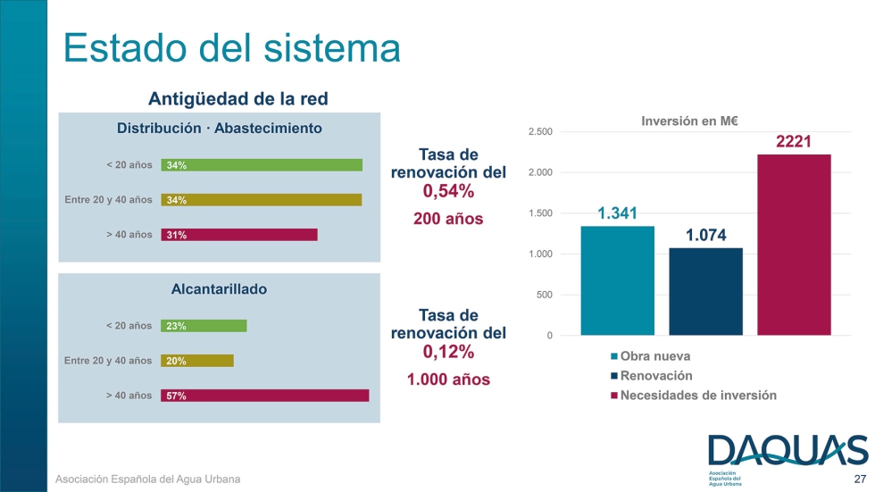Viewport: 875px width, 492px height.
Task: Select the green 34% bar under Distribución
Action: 262,165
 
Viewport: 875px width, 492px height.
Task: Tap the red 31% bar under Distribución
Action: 239,235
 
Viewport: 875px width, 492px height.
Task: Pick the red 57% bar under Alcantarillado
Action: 264,396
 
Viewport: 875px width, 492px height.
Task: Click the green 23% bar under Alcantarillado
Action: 204,326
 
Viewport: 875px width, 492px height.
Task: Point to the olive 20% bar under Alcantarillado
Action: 197,361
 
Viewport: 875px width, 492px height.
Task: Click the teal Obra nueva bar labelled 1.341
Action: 618,280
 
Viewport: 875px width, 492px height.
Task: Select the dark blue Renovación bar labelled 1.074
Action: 705,291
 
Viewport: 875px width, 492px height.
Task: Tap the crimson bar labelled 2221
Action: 794,245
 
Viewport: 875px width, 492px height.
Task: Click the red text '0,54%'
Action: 448,191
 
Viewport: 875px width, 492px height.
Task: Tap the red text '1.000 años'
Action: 448,379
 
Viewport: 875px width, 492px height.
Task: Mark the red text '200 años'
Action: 448,219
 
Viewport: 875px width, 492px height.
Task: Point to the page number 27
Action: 859,479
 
